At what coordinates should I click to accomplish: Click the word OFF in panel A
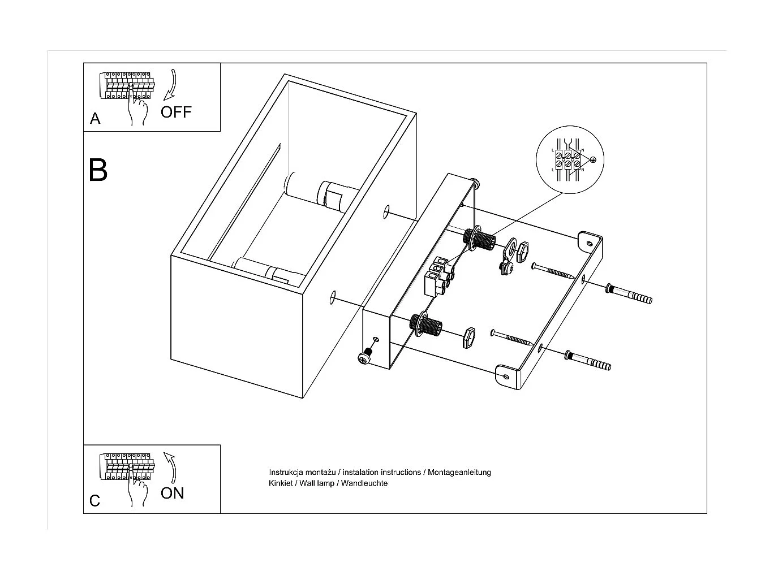pyautogui.click(x=176, y=112)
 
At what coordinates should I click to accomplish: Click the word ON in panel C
pyautogui.click(x=172, y=493)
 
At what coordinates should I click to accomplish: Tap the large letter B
pyautogui.click(x=98, y=170)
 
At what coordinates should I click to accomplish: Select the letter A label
pyautogui.click(x=95, y=119)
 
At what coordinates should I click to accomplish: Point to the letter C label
pyautogui.click(x=94, y=501)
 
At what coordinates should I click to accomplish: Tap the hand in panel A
pyautogui.click(x=137, y=111)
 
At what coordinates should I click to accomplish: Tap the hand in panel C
pyautogui.click(x=137, y=492)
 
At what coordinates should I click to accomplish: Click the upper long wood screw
pyautogui.click(x=554, y=272)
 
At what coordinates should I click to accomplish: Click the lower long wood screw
pyautogui.click(x=513, y=337)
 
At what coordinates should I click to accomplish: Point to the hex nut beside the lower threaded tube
pyautogui.click(x=468, y=337)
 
